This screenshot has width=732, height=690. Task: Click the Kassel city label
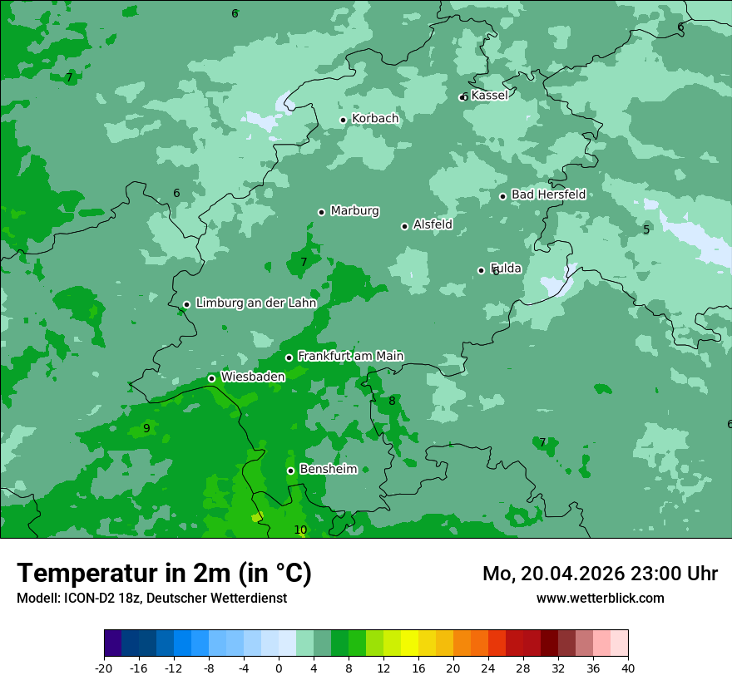[x=489, y=96]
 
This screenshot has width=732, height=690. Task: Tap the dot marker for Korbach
[x=343, y=120]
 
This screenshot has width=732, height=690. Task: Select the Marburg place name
[x=354, y=211]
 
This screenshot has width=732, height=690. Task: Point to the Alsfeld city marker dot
[x=405, y=226]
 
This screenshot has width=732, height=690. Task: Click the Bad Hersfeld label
[x=548, y=195]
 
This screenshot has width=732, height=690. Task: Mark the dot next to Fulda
[x=481, y=270]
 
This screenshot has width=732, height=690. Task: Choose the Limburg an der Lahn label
[x=255, y=303]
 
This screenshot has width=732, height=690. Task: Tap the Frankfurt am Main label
[x=350, y=356]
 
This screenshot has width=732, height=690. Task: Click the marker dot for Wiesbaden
[x=211, y=378]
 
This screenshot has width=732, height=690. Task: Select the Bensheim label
[x=328, y=470]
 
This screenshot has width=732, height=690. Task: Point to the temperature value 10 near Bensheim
[x=300, y=530]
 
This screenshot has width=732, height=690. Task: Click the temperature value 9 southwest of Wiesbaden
[x=146, y=429]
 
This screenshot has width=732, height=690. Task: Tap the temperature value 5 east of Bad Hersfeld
[x=646, y=230]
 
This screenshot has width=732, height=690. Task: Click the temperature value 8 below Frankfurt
[x=392, y=402]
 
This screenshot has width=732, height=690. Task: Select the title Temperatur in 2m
[x=164, y=573]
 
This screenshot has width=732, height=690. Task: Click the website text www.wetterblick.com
[x=600, y=598]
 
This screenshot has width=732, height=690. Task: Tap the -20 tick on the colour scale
[x=104, y=668]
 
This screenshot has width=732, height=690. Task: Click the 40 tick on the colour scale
[x=627, y=668]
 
